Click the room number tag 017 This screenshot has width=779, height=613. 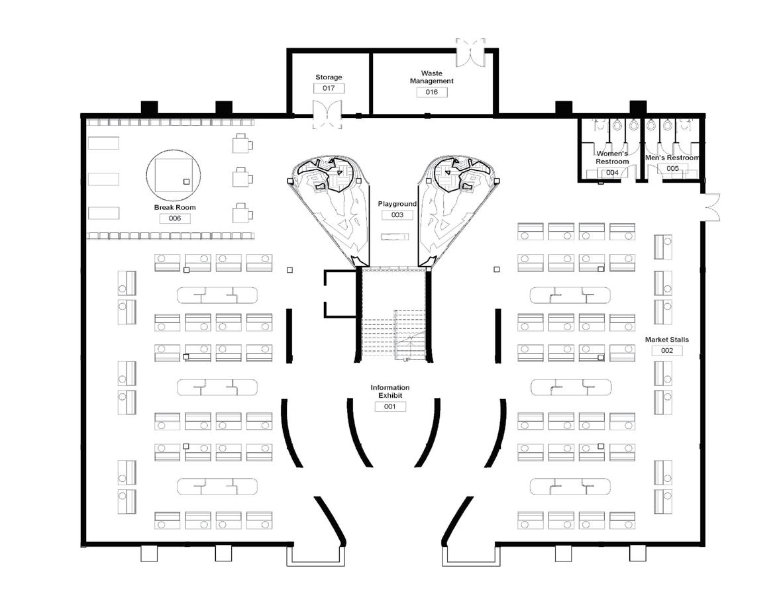click(x=329, y=88)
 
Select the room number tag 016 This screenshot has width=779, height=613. click(x=431, y=92)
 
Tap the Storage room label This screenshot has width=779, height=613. click(x=329, y=77)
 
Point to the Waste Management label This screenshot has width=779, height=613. click(x=431, y=77)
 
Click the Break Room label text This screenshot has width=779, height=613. click(x=175, y=207)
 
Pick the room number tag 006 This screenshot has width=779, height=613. click(x=175, y=218)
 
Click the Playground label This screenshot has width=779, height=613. click(x=397, y=204)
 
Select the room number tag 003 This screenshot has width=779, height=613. click(x=397, y=215)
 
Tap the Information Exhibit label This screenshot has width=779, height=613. click(x=389, y=391)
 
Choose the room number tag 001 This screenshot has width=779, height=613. click(x=389, y=406)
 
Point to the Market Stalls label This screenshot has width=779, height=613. click(x=667, y=340)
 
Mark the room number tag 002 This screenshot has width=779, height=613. click(x=667, y=351)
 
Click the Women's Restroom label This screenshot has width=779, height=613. click(x=611, y=158)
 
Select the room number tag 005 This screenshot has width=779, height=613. click(x=673, y=169)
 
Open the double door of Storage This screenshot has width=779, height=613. click(x=327, y=115)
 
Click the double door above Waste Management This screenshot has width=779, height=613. click(x=470, y=52)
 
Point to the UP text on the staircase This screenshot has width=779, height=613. click(x=407, y=359)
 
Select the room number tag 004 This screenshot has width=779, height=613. click(x=612, y=173)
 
